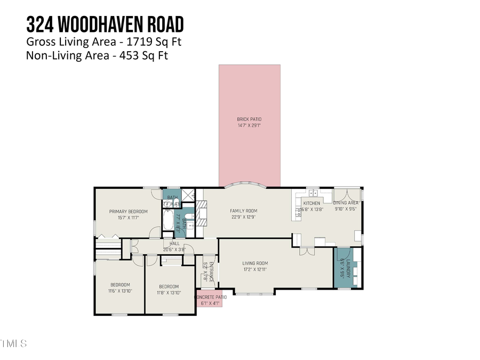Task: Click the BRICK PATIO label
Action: coord(249,119)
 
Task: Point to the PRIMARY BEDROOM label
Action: coord(128,212)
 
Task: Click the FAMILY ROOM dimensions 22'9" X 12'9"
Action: coord(243,217)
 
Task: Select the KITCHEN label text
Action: coord(311,203)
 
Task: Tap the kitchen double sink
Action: coord(311,193)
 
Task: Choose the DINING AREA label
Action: coord(346,203)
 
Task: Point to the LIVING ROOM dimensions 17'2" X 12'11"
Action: coord(255,270)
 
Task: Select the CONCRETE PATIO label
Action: coord(211,297)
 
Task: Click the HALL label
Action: coord(174,243)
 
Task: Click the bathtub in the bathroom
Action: coord(168,222)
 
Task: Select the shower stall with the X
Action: coord(188,195)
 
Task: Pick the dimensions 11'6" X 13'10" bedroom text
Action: coord(120,291)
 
